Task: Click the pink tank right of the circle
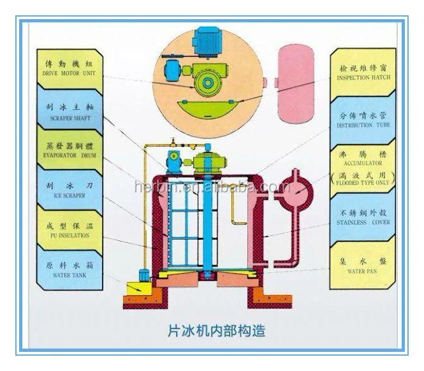295,83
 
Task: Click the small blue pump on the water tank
144,275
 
